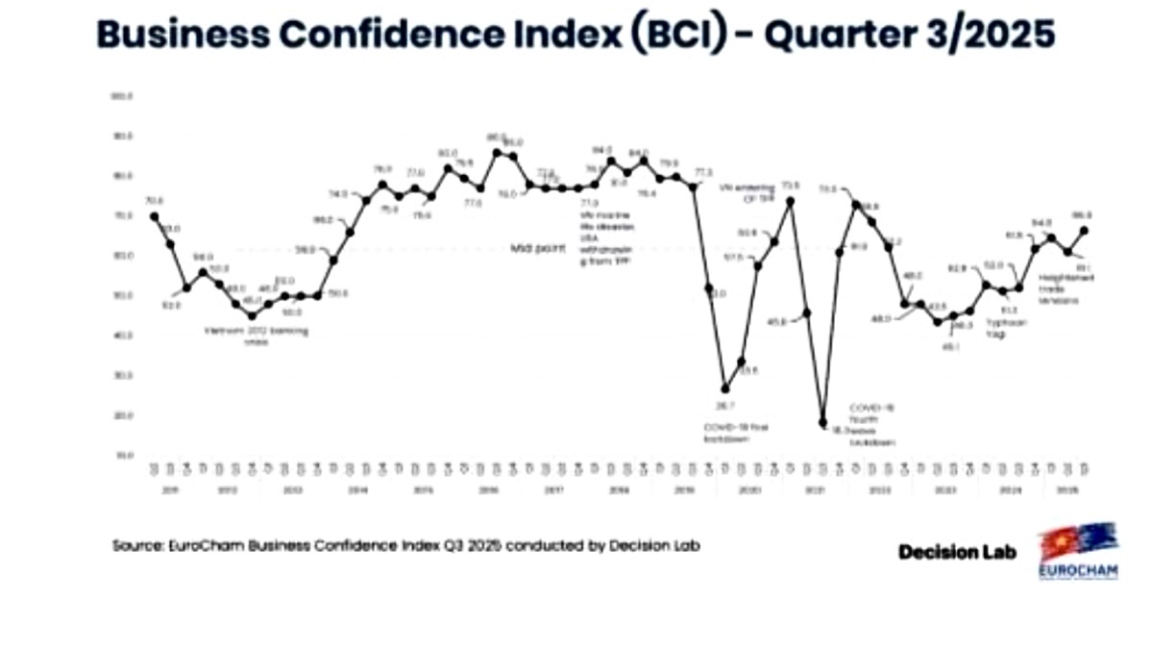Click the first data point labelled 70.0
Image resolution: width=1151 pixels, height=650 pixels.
(x=155, y=216)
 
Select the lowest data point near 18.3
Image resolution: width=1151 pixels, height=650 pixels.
(x=823, y=422)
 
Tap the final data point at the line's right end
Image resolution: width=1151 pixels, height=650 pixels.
(x=1084, y=230)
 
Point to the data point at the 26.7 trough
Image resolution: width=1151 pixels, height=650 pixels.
(x=725, y=387)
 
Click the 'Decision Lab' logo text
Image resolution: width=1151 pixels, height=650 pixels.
(x=957, y=552)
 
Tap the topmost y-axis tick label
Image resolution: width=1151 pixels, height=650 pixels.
(x=123, y=96)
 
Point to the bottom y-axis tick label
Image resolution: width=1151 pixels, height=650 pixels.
(x=123, y=455)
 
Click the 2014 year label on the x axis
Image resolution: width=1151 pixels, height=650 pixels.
(x=357, y=489)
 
